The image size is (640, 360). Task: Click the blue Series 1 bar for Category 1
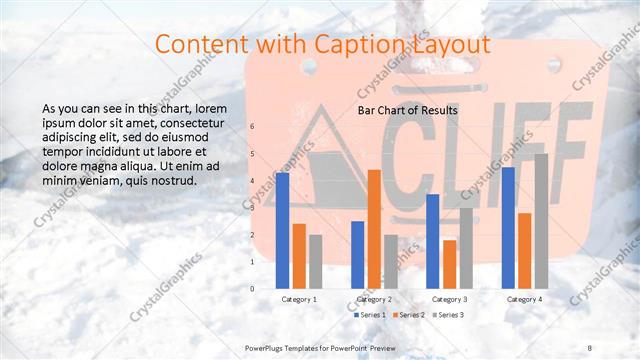coord(283,230)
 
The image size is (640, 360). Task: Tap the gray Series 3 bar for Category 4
coord(541,221)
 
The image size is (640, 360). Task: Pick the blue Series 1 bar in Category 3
coord(433,241)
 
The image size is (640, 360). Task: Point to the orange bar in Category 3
coord(449,264)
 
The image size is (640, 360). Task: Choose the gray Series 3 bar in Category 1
coord(315,261)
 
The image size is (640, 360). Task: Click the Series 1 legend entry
coord(371,315)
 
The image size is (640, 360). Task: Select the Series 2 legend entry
coord(409,315)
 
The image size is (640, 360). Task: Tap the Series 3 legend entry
coord(447,315)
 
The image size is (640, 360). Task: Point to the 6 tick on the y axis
coord(252,126)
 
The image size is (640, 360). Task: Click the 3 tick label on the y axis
coord(252,207)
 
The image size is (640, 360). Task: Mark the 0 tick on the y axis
coord(252,288)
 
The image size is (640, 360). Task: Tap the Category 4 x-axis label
coord(525,299)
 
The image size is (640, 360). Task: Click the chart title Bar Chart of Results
coord(407,110)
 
